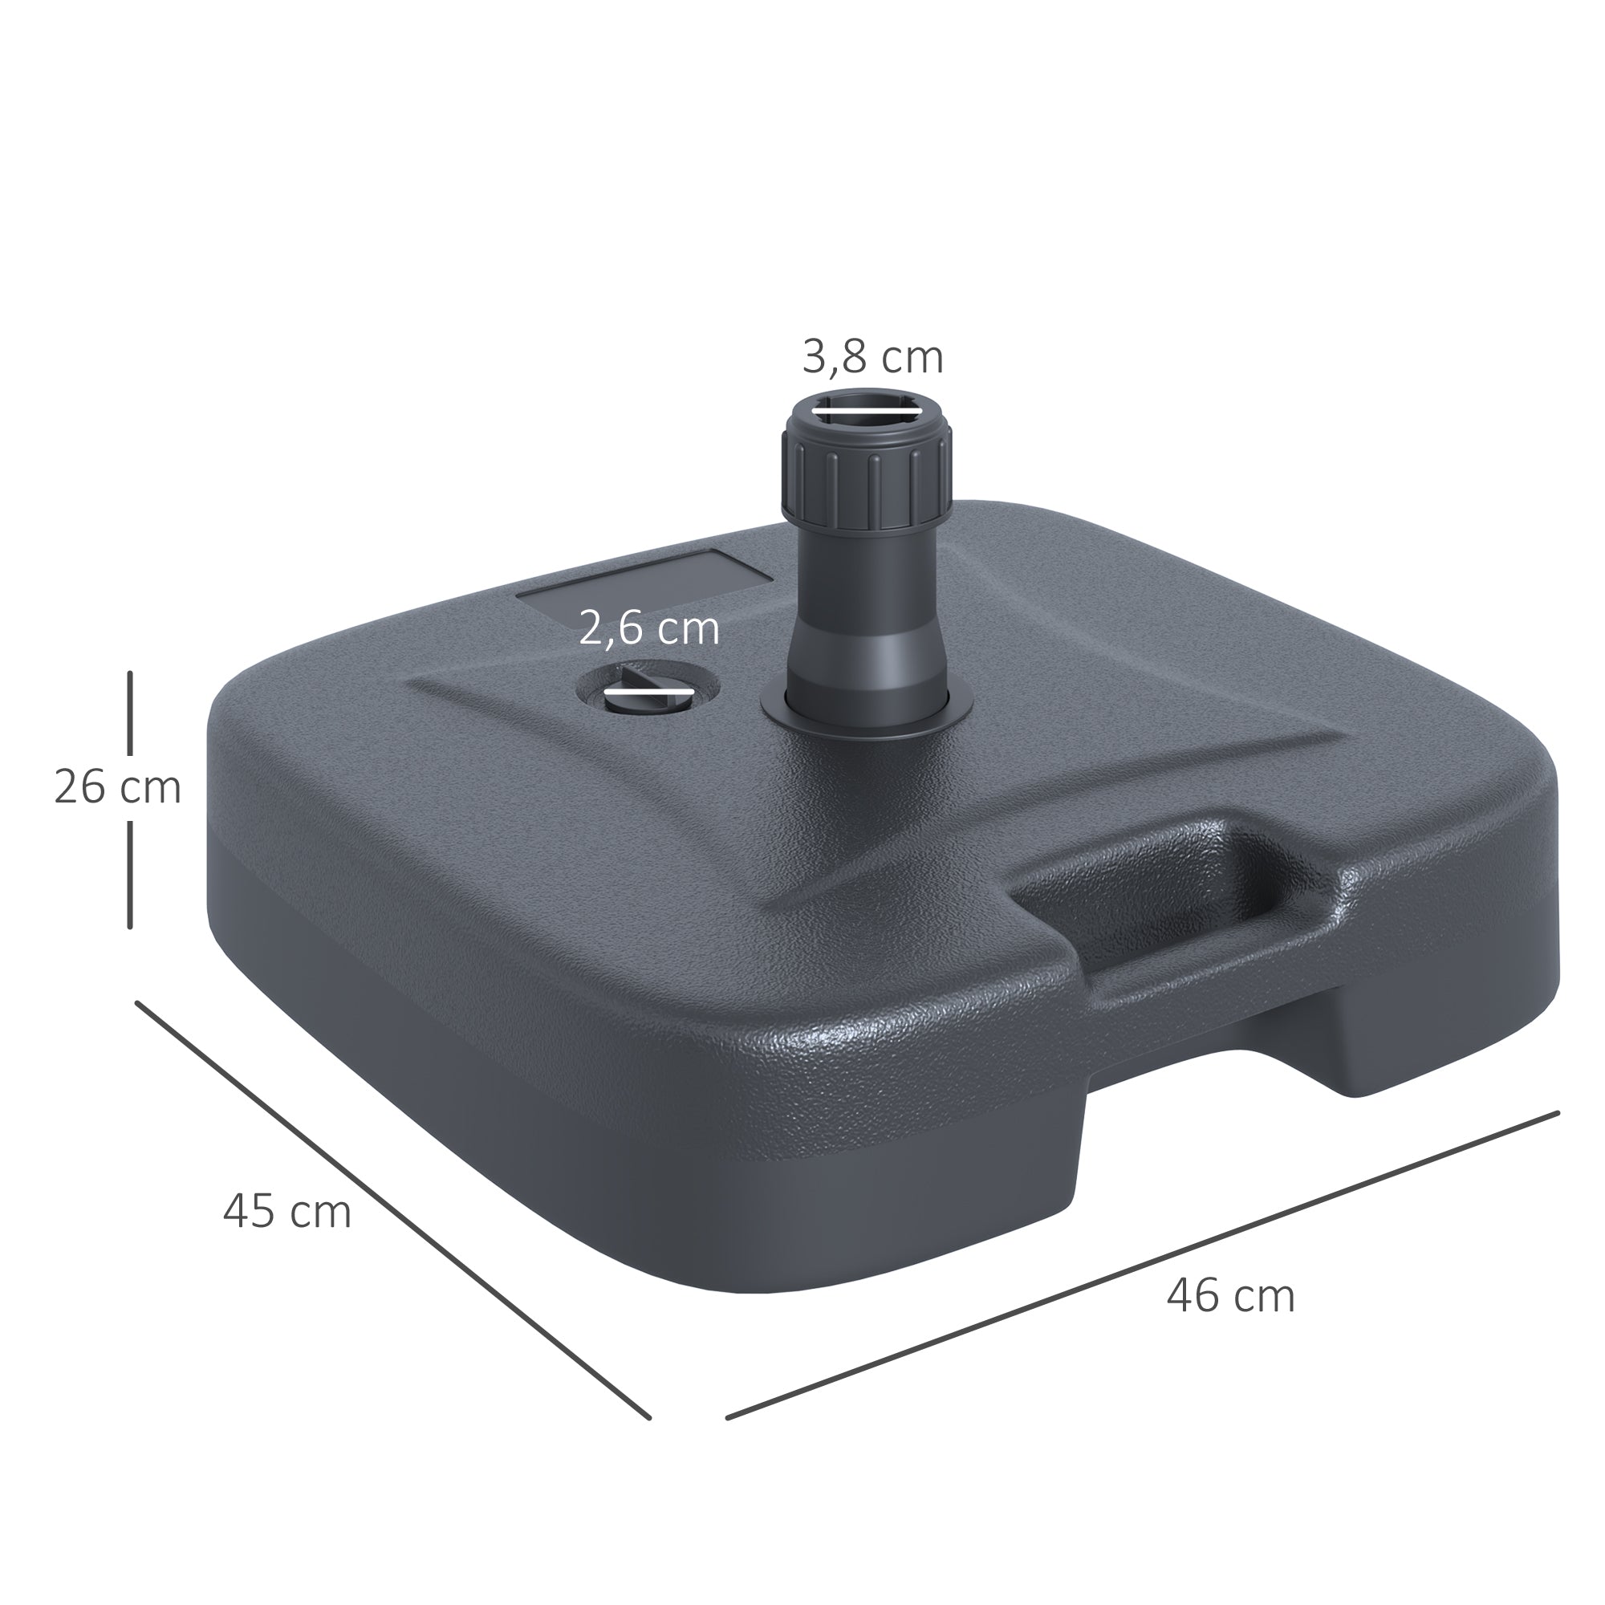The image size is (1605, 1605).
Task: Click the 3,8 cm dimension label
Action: tap(872, 358)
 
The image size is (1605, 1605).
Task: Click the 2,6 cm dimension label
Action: tap(648, 628)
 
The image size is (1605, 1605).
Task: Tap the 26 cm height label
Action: tap(117, 786)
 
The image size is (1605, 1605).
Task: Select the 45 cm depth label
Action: tap(286, 1211)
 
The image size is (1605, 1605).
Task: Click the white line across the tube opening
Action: tap(867, 407)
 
